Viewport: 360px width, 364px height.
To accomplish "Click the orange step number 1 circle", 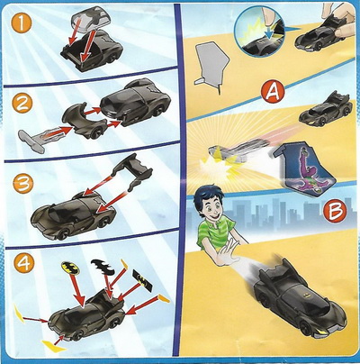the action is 21,23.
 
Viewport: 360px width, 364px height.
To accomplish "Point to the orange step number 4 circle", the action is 23,264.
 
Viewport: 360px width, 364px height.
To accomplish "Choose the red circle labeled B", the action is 335,212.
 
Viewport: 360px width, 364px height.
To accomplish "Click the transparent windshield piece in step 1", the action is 91,18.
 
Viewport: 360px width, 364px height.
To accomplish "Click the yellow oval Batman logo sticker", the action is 71,268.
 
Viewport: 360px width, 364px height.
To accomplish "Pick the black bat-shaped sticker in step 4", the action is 102,266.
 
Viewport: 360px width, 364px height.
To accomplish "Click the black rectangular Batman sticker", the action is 142,280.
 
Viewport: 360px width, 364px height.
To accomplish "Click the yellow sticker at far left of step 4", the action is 20,313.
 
